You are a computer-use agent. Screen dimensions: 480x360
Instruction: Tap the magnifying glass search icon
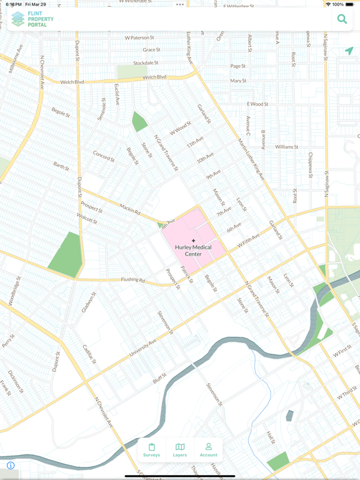[x=342, y=19]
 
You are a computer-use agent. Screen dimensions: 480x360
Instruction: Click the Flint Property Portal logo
[x=32, y=19]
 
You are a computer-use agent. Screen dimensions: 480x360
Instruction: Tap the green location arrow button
[x=349, y=51]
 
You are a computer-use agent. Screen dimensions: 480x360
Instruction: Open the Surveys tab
[x=151, y=450]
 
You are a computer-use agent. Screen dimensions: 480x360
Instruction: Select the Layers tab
[x=180, y=450]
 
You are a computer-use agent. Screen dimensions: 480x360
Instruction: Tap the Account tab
[x=208, y=450]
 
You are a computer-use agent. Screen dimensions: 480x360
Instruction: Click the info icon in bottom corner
[x=11, y=466]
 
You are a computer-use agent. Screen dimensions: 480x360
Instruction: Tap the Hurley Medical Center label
[x=193, y=251]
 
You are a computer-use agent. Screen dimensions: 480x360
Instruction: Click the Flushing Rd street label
[x=133, y=279]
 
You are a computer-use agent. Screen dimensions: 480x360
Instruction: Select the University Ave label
[x=142, y=349]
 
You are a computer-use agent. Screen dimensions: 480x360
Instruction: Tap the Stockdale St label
[x=146, y=63]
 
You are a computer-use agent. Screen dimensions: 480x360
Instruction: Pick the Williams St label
[x=286, y=147]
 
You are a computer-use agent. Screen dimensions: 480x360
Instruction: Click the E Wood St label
[x=257, y=104]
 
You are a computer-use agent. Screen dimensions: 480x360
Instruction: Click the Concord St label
[x=103, y=156]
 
